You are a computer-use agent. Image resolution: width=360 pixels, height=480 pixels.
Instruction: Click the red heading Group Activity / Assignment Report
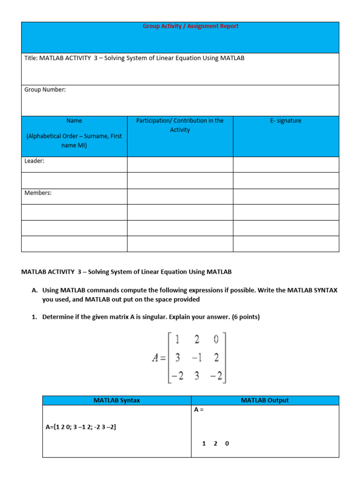point(190,26)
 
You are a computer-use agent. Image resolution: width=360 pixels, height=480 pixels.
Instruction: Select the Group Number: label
point(45,90)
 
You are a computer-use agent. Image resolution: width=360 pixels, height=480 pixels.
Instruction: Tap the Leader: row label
point(34,161)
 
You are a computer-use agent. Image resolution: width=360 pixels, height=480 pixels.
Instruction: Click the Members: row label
point(37,193)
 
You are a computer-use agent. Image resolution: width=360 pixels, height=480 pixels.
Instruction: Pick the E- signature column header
point(285,120)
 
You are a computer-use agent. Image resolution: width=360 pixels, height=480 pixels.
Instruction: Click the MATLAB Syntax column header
point(117,400)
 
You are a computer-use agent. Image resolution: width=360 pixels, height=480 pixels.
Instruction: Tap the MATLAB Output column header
point(264,400)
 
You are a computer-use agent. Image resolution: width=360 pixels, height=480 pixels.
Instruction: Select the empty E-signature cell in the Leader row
point(285,165)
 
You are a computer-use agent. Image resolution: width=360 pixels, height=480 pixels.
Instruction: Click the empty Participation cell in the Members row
point(180,196)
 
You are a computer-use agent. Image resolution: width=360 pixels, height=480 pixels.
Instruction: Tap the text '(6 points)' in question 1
point(246,317)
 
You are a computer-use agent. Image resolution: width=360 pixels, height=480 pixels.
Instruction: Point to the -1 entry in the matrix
point(196,358)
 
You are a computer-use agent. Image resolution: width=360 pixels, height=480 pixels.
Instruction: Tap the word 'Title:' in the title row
point(31,58)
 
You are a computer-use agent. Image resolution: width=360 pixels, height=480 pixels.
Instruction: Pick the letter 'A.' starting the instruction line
point(35,291)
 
